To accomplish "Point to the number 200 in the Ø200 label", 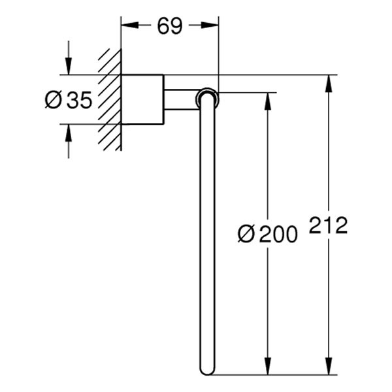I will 278,234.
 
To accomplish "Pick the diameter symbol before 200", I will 246,234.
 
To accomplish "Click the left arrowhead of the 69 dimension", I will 129,25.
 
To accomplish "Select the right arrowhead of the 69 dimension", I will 210,25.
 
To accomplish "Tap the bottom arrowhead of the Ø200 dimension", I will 267,367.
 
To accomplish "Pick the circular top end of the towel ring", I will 207,98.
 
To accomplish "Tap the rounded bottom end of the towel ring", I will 207,370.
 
